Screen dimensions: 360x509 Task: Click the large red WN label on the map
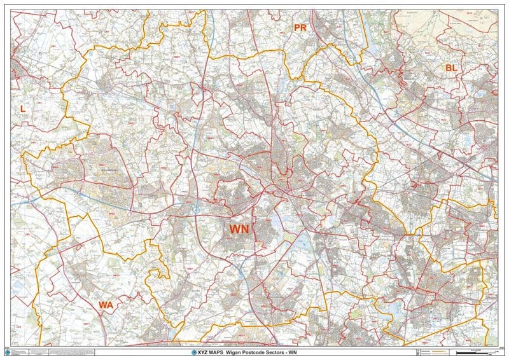[x=239, y=228]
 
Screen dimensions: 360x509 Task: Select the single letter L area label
[x=23, y=109]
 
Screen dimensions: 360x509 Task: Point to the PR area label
[x=300, y=27]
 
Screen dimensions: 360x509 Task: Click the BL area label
[x=451, y=67]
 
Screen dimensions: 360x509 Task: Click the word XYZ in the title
[x=206, y=352]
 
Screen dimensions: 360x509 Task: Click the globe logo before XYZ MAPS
[x=195, y=352]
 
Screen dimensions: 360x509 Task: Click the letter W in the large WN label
[x=234, y=228]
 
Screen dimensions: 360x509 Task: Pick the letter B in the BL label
[x=447, y=67]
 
